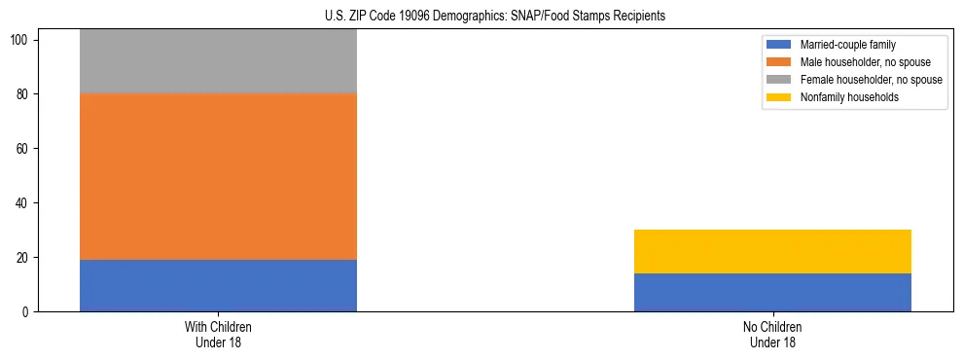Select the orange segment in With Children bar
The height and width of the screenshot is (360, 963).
coord(218,176)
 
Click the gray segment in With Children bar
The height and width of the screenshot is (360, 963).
coord(218,61)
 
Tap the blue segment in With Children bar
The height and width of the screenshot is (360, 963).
coord(218,285)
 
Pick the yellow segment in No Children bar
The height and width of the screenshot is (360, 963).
coord(772,251)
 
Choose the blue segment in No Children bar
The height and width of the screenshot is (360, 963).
coord(772,292)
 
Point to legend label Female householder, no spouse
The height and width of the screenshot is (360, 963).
coord(871,80)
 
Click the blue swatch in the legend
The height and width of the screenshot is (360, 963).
coord(780,45)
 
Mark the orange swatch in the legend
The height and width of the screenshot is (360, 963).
coord(780,62)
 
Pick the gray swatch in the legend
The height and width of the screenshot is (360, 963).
coord(780,80)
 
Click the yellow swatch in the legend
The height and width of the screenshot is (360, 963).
coord(780,97)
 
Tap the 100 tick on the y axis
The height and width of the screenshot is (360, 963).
coord(22,40)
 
